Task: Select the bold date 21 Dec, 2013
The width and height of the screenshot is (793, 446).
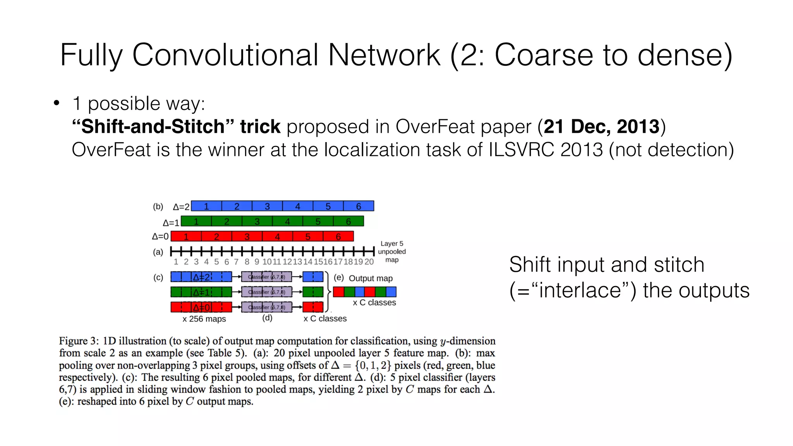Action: click(x=601, y=127)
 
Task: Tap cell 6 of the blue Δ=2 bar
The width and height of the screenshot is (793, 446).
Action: click(x=359, y=206)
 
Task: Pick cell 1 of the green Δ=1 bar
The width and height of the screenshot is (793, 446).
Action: click(x=196, y=221)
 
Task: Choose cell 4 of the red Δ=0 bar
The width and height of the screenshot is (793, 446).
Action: click(x=277, y=236)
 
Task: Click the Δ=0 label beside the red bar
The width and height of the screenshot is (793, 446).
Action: click(x=160, y=236)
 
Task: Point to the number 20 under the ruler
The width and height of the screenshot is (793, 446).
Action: click(x=369, y=262)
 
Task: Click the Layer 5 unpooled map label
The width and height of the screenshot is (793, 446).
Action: click(x=392, y=252)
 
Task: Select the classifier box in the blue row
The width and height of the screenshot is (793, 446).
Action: click(x=266, y=277)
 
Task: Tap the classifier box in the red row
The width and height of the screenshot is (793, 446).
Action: click(x=266, y=307)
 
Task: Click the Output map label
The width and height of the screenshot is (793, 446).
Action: click(x=371, y=278)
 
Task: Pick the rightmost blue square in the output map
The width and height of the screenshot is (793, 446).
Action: click(x=391, y=292)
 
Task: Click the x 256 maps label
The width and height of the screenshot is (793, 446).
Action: click(x=204, y=319)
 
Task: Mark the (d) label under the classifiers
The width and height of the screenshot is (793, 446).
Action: click(x=267, y=318)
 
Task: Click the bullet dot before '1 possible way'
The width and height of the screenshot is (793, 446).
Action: click(x=57, y=103)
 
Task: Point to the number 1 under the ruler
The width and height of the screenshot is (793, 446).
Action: click(x=176, y=262)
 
